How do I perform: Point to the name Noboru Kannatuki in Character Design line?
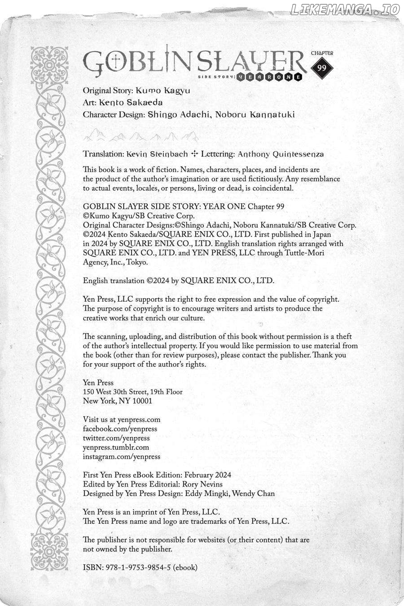[255, 114]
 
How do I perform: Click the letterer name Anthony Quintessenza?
[281, 154]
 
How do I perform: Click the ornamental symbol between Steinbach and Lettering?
[194, 154]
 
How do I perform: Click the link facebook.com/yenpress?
[120, 429]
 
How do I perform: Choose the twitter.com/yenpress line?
[116, 438]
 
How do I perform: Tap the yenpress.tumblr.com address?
[116, 447]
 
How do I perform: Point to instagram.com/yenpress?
[122, 457]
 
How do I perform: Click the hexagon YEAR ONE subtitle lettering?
[270, 77]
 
